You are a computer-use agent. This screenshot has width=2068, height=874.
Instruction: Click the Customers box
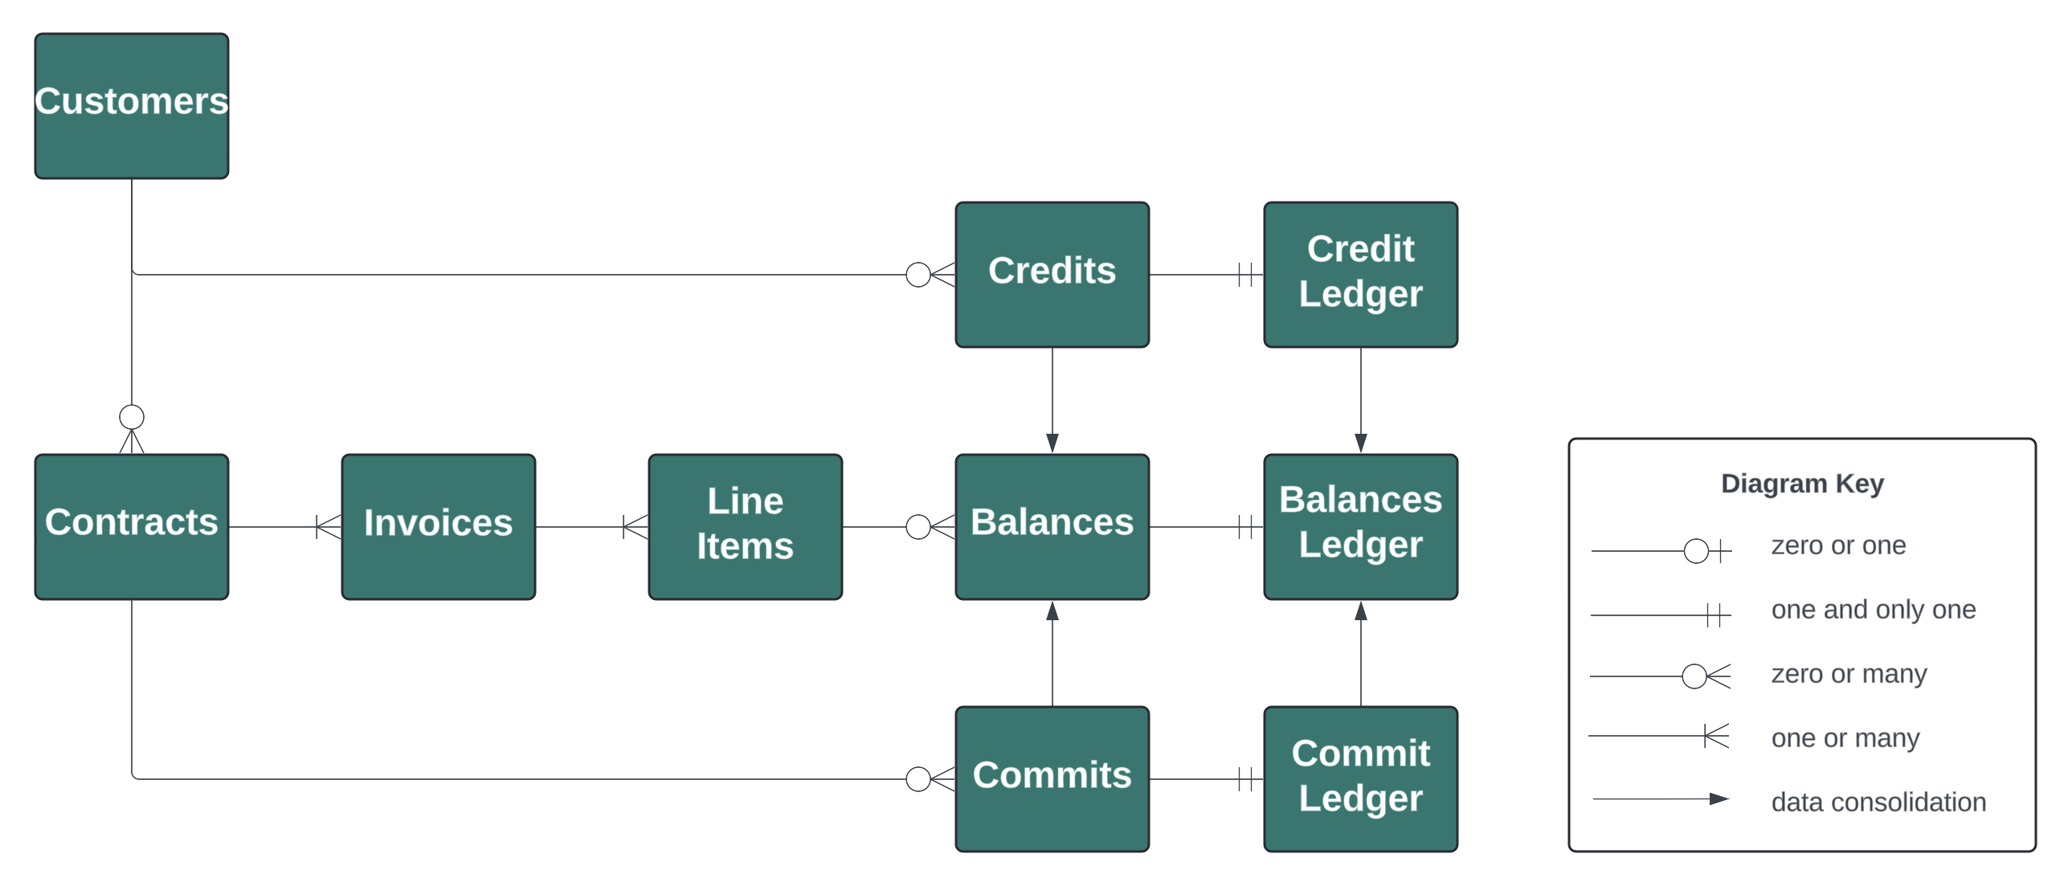click(132, 105)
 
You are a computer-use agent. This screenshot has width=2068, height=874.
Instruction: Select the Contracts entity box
click(132, 526)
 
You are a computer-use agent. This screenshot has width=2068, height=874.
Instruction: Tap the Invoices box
click(439, 526)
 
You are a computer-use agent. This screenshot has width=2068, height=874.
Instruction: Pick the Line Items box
click(746, 526)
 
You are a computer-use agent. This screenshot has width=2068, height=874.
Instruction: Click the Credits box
click(1052, 274)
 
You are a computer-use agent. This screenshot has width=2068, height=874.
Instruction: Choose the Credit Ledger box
click(1360, 274)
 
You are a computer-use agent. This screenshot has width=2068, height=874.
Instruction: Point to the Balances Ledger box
click(1360, 526)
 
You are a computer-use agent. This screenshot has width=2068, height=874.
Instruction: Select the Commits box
click(1052, 778)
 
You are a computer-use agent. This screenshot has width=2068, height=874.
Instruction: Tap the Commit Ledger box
click(1360, 778)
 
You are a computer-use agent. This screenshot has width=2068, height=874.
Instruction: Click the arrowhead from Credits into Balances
click(1052, 443)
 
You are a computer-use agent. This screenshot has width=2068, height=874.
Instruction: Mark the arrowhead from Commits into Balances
click(1052, 611)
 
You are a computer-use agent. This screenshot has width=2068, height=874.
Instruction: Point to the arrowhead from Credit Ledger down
click(1361, 443)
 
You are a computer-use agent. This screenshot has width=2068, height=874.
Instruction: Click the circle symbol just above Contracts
click(132, 417)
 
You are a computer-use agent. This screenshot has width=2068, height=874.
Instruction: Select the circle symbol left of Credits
click(918, 275)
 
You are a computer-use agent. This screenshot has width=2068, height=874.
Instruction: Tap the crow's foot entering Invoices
click(329, 527)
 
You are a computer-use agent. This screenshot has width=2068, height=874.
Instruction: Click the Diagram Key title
click(1802, 484)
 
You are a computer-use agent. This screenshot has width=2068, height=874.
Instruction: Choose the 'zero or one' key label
click(1838, 545)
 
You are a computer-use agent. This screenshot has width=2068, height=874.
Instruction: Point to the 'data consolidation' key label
click(1878, 802)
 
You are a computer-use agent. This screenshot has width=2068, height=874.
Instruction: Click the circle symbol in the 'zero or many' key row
click(1694, 676)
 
